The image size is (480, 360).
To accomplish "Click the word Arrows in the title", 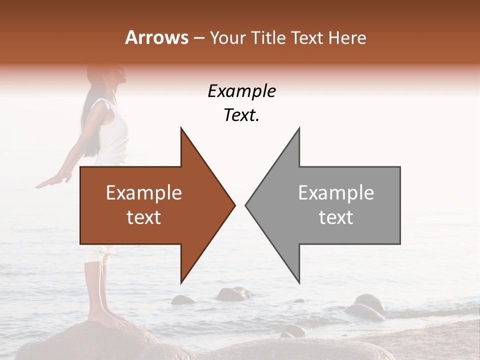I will (156, 37).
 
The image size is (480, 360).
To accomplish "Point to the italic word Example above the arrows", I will (242, 91).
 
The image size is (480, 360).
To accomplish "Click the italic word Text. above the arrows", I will (242, 115).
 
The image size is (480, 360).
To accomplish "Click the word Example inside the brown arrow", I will (144, 193).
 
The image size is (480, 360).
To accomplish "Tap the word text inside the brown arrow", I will (144, 217).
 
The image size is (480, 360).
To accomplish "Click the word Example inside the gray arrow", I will (336, 193).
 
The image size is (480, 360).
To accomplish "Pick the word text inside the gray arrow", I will (336, 217).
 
